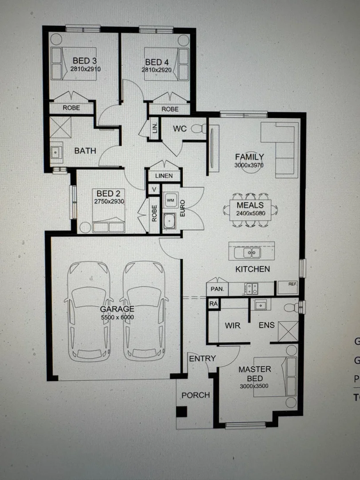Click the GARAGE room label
tap(117, 308)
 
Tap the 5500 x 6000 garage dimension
tap(117, 317)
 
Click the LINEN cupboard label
tap(164, 176)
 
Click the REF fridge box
tap(288, 287)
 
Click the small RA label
tap(213, 303)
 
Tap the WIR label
tap(232, 326)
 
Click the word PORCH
tap(196, 395)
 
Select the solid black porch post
tap(181, 412)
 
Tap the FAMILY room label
tap(249, 157)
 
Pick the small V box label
tap(153, 189)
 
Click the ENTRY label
tap(202, 359)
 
